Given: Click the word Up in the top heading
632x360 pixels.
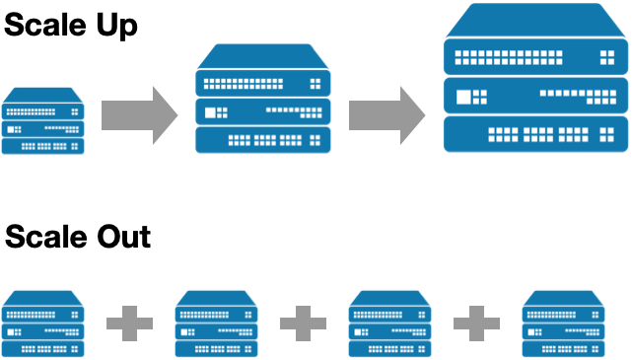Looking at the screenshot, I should click(x=113, y=25).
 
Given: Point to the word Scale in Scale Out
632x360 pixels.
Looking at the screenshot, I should click(x=43, y=237).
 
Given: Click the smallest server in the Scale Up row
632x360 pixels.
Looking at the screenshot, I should click(x=43, y=122).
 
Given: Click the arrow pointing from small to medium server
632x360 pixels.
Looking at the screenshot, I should click(x=137, y=114).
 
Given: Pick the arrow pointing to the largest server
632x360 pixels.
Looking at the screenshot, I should click(x=385, y=114).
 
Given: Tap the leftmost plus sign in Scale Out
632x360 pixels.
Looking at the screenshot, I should click(x=130, y=324).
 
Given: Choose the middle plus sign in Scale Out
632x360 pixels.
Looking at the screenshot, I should click(x=304, y=324).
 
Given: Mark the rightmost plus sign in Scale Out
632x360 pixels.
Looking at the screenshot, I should click(x=477, y=324).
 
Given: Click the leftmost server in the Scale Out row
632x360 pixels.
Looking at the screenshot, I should click(x=43, y=324).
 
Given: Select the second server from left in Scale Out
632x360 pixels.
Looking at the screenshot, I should click(x=217, y=324).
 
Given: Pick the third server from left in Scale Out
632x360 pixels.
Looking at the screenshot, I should click(x=390, y=324).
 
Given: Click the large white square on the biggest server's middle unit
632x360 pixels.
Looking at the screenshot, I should click(x=472, y=96).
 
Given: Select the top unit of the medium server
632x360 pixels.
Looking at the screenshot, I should click(x=263, y=81).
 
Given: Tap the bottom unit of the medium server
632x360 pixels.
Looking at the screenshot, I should click(x=263, y=139).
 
